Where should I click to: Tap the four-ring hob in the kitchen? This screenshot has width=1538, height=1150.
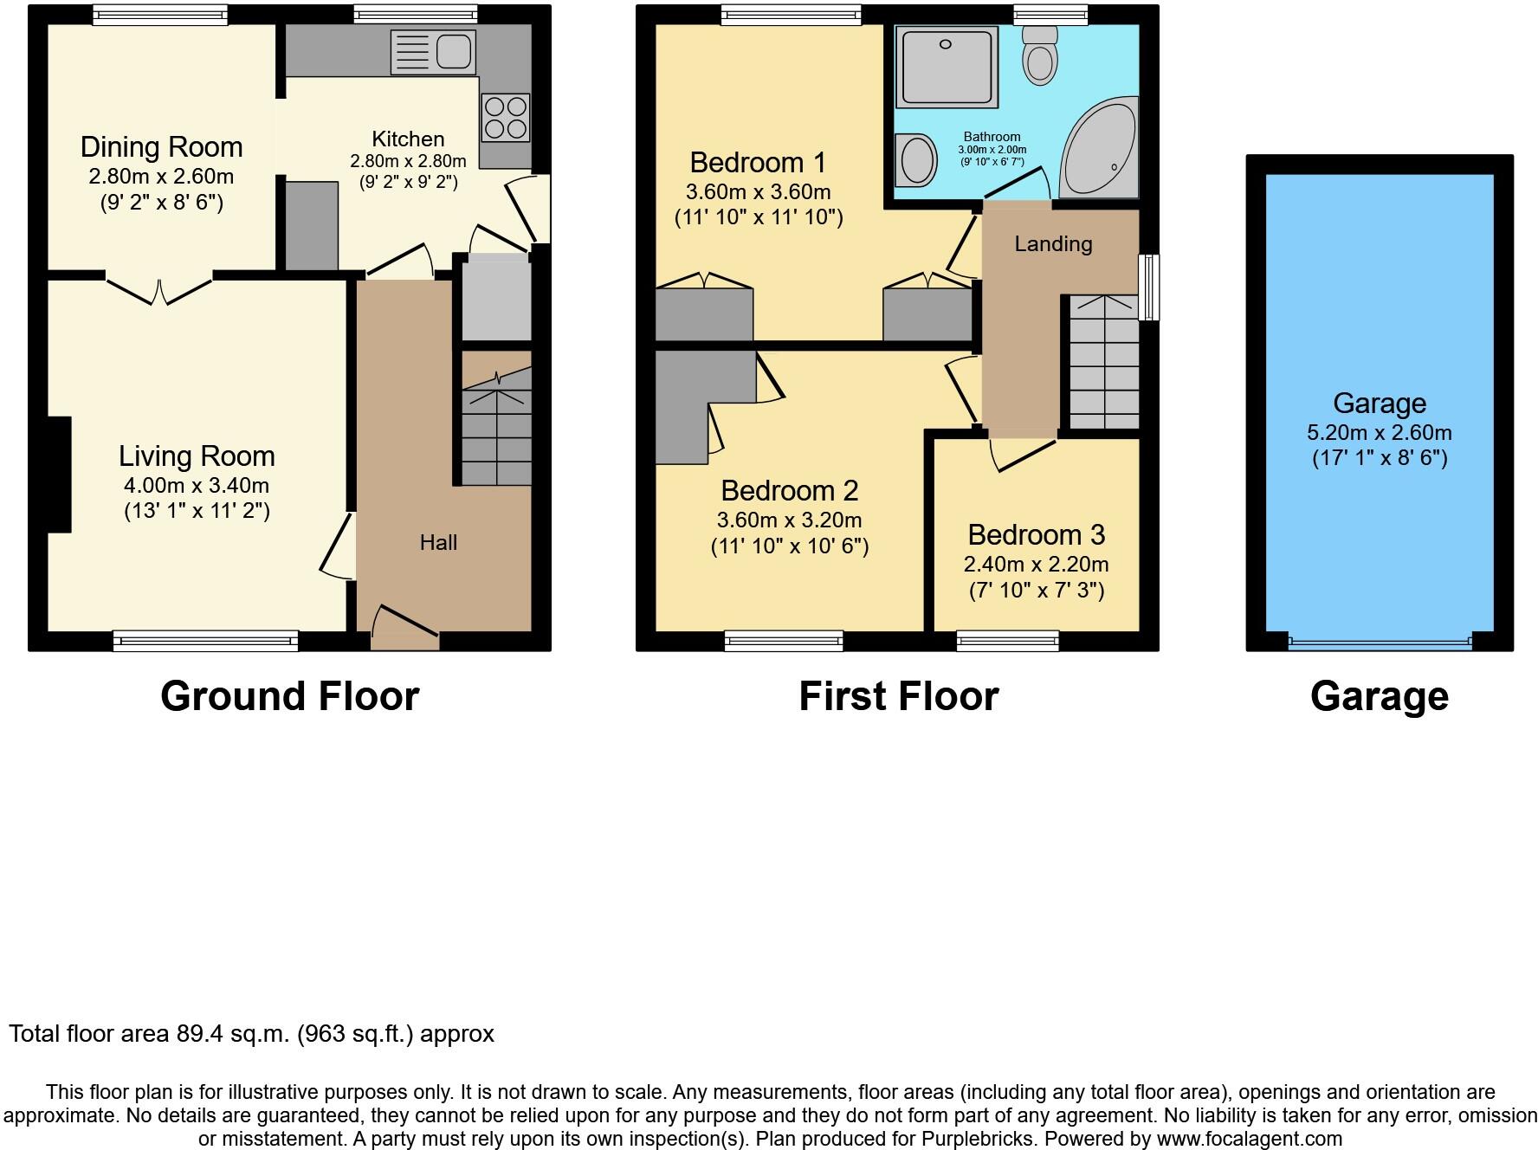click(506, 118)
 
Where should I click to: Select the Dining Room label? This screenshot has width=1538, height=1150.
click(161, 147)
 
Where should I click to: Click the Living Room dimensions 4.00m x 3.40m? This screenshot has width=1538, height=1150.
click(197, 486)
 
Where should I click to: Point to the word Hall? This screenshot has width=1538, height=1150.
click(438, 543)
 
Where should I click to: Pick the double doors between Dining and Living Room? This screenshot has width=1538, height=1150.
click(160, 289)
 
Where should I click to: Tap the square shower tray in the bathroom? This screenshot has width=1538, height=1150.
click(946, 66)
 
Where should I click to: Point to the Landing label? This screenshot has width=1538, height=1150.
click(1053, 244)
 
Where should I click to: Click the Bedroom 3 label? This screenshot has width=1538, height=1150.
click(1036, 535)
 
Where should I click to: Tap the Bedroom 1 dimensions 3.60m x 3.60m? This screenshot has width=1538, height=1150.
click(758, 191)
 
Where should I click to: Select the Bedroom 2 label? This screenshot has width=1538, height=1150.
click(789, 491)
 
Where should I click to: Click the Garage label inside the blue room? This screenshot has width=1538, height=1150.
click(1379, 404)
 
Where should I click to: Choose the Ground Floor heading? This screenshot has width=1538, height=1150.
click(289, 696)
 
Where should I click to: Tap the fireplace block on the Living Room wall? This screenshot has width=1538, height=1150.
click(58, 474)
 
